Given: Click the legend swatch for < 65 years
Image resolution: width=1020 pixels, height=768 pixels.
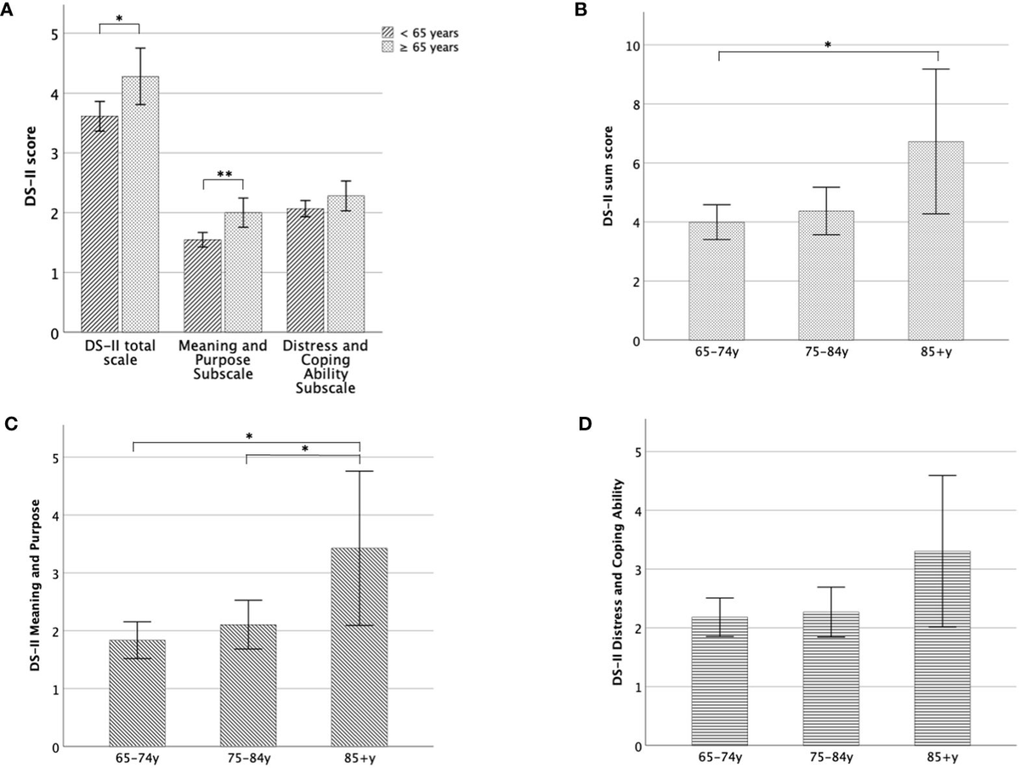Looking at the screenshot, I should point(388,32).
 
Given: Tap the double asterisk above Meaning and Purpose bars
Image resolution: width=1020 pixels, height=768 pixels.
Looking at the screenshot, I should point(224,174).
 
